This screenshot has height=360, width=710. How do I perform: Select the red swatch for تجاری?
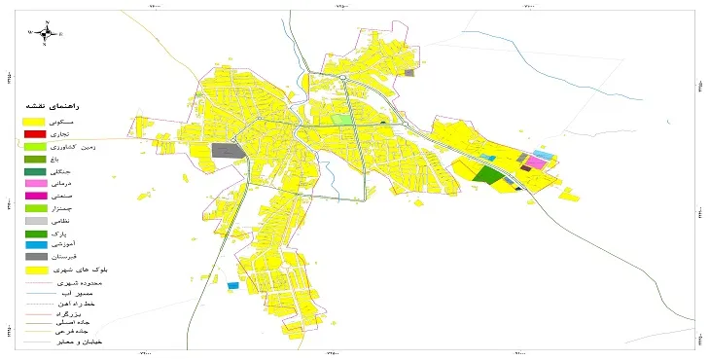[x=34, y=132]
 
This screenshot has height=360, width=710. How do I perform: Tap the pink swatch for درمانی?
[x=34, y=183]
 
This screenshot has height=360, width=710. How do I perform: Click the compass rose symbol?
[x=46, y=31]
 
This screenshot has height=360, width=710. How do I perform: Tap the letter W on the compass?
[x=29, y=32]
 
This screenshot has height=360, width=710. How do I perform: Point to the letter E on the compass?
[x=61, y=33]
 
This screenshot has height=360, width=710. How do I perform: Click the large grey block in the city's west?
[x=227, y=151]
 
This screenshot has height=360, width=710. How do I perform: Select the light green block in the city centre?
[x=341, y=120]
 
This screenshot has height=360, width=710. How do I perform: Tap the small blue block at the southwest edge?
[x=232, y=285]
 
